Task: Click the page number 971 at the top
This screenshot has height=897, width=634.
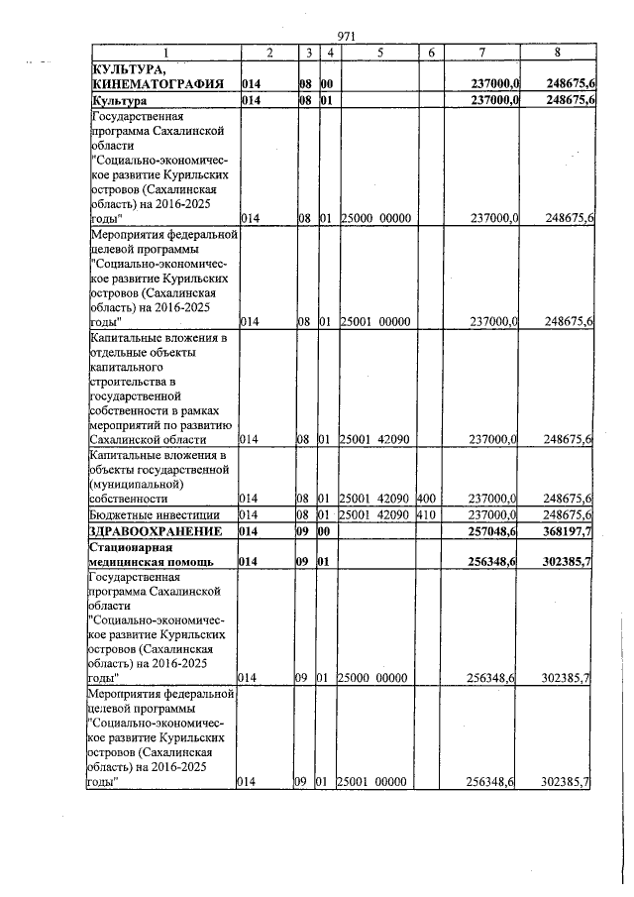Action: pyautogui.click(x=346, y=36)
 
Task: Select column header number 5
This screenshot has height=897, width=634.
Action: pyautogui.click(x=379, y=52)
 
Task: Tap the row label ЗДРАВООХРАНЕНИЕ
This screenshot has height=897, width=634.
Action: pyautogui.click(x=153, y=532)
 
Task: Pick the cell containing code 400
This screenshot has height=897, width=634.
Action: pyautogui.click(x=427, y=499)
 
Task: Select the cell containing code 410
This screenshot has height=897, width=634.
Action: pyautogui.click(x=427, y=514)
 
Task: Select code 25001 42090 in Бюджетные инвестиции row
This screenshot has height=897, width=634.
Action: pyautogui.click(x=374, y=514)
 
